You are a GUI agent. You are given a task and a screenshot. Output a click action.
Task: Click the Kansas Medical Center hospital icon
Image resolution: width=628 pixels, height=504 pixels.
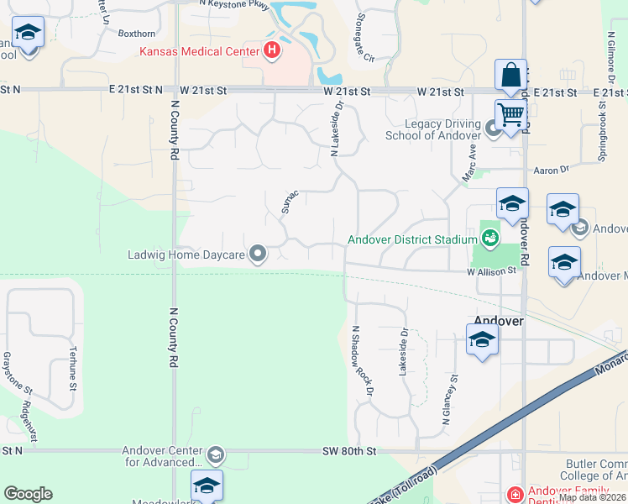click(272, 51)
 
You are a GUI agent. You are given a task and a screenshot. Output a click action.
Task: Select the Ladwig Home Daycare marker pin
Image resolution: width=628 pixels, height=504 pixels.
click(258, 253)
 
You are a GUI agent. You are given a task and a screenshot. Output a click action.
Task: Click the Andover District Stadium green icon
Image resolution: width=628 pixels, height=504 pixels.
click(489, 239)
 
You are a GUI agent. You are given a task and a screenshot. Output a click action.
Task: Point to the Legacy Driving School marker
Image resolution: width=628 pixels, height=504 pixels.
click(493, 129)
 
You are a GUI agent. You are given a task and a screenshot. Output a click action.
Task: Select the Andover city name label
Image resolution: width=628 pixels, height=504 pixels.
click(499, 321)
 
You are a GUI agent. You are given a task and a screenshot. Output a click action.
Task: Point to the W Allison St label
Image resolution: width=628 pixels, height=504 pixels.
click(491, 272)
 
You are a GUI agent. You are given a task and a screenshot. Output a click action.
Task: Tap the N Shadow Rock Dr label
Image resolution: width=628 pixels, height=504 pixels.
click(362, 360)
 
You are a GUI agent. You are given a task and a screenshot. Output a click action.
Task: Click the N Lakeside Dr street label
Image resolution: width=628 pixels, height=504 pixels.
click(337, 129)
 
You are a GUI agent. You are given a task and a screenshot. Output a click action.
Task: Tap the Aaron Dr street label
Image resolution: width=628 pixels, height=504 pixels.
click(552, 170)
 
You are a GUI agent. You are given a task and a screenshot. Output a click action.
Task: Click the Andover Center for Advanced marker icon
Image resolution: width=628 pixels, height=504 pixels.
click(216, 455)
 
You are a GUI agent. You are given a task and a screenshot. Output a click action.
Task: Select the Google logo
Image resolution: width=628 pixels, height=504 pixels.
click(28, 494)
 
